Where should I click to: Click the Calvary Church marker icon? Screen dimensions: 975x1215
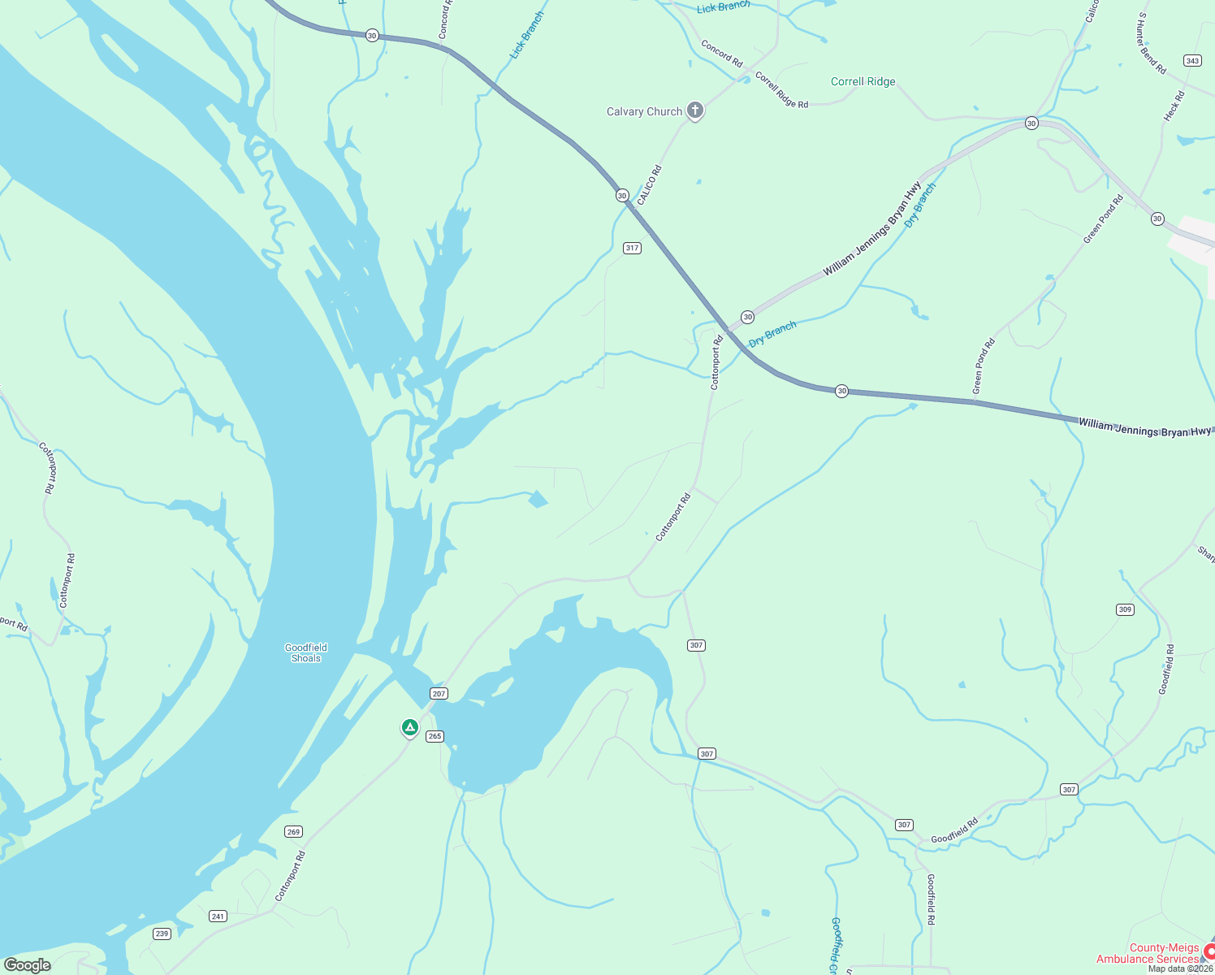coord(694,110)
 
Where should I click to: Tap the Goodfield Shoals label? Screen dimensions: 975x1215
coord(306,653)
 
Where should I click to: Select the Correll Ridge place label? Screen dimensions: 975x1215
coord(863,82)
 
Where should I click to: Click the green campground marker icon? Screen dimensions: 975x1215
coord(410,727)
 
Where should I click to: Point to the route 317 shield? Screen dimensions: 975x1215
coord(633,248)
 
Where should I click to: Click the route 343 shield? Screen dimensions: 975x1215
coord(1192,61)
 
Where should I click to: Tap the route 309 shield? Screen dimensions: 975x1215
coord(1124,609)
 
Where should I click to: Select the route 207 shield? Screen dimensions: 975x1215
coord(439,693)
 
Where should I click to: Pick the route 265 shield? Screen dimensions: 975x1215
coord(435,736)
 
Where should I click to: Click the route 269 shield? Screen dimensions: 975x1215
coord(293,831)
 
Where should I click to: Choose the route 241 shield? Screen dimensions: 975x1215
coord(218,916)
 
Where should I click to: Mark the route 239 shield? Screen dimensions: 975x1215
coord(162,934)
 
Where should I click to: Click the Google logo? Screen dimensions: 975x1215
coord(28,965)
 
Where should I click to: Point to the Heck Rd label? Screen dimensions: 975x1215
coord(1174,106)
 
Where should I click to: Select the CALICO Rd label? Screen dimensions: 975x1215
coord(650,184)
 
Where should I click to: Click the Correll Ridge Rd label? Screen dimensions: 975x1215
coord(781,90)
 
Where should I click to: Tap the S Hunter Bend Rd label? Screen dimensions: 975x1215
coord(1152,44)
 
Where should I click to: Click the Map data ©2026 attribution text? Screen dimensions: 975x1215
coord(1179,968)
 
